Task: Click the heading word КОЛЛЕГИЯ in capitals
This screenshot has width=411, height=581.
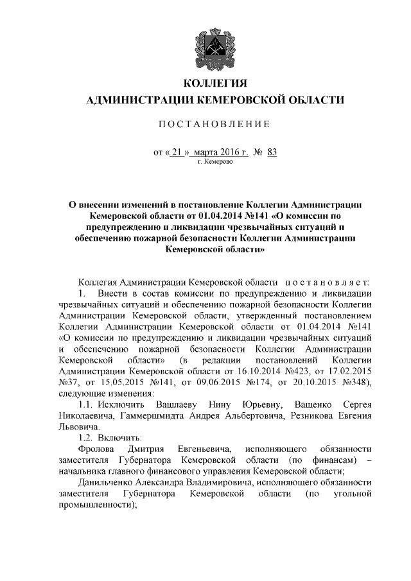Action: pyautogui.click(x=215, y=83)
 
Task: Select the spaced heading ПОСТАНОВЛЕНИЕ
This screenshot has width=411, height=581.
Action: pyautogui.click(x=215, y=124)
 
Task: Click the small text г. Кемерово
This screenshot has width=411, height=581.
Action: pyautogui.click(x=215, y=162)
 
